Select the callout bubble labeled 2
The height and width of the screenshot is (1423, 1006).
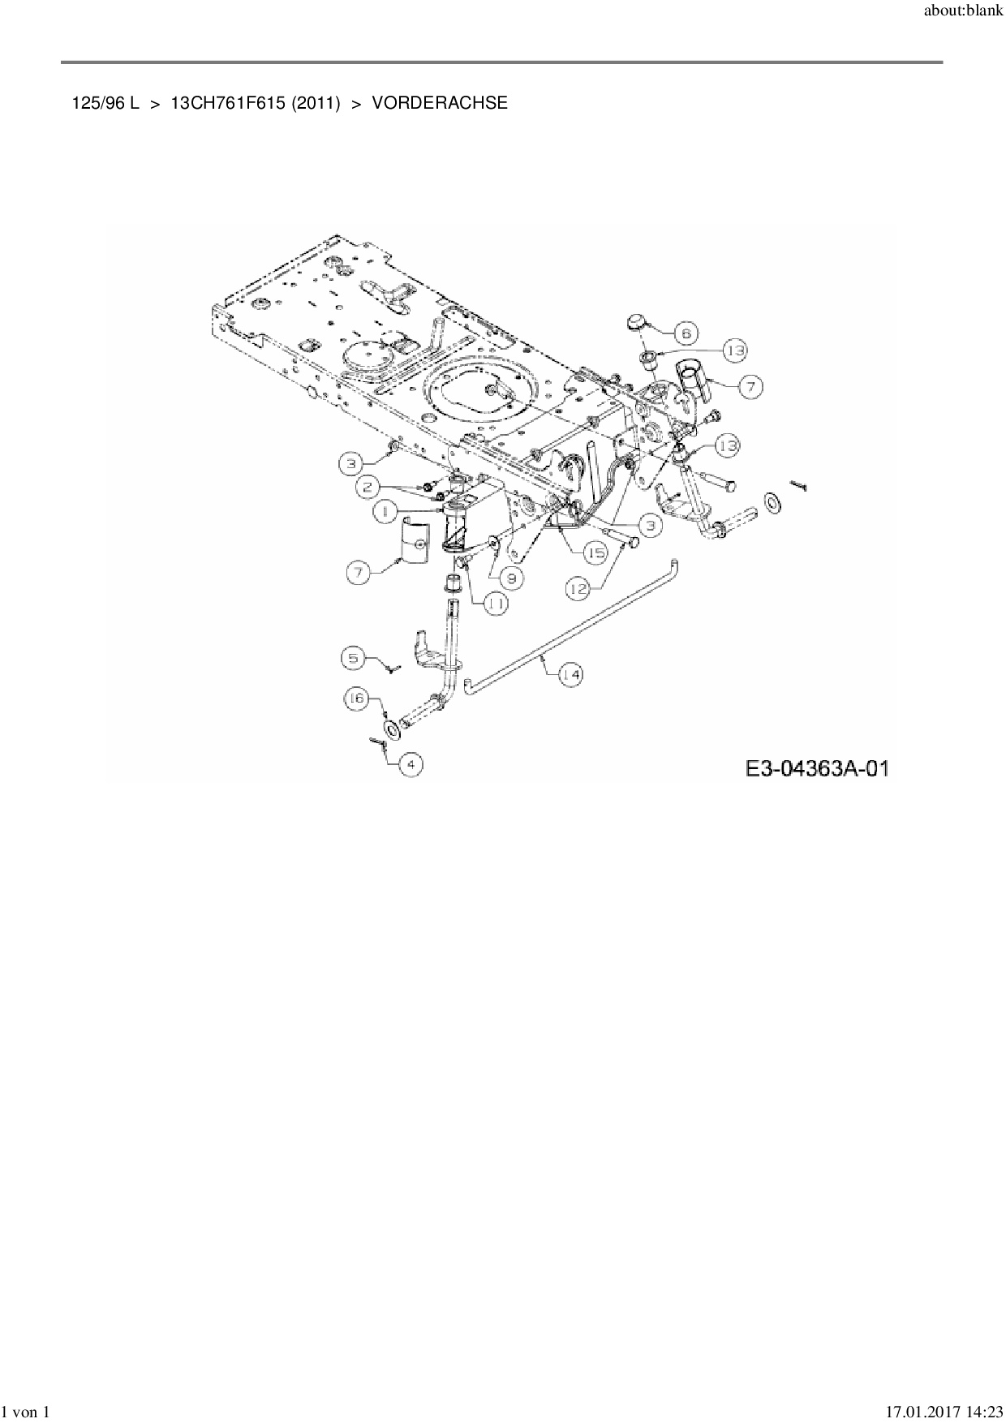(368, 487)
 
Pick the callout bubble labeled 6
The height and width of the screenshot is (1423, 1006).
(686, 333)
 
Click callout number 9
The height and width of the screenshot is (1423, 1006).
(511, 578)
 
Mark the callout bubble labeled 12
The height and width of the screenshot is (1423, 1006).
(578, 590)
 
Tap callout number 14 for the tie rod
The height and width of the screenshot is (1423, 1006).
(570, 674)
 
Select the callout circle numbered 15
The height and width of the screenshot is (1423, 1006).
(596, 553)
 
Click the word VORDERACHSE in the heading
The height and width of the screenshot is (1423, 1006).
(440, 103)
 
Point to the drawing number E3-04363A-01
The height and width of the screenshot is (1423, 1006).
(817, 767)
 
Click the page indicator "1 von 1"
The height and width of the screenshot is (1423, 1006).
(28, 1412)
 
